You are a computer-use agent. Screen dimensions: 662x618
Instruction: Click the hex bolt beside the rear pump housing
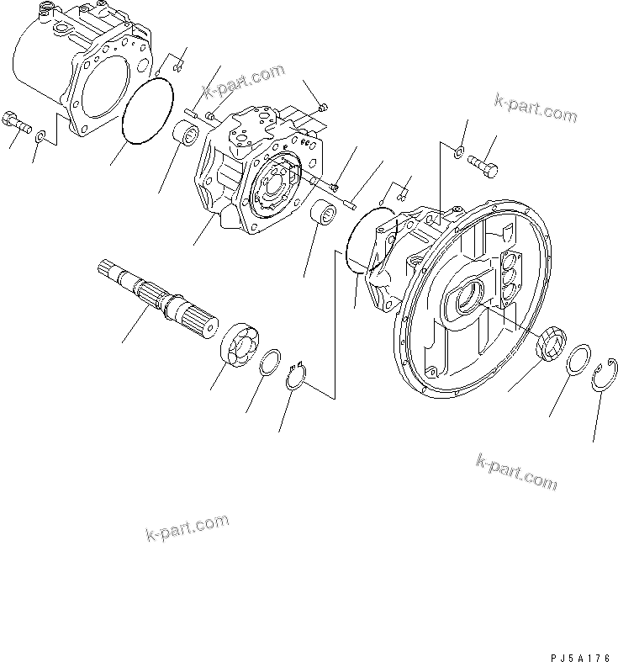16,121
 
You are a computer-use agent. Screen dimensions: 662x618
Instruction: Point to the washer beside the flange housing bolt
457,153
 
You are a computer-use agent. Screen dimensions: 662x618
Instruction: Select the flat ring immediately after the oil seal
578,359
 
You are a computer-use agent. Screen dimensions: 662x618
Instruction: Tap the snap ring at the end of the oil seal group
605,373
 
